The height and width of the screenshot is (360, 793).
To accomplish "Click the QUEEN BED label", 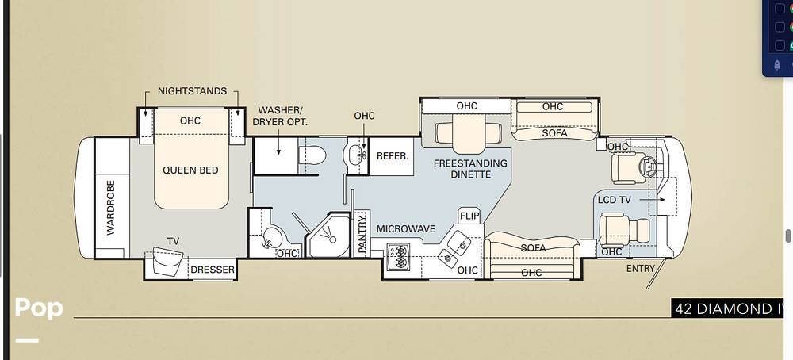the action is [x=190, y=170].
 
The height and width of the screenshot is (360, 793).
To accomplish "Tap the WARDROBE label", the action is [x=111, y=207].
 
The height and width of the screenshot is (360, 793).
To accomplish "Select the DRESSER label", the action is [x=213, y=270].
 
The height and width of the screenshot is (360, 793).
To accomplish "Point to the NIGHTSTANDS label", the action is [x=192, y=91].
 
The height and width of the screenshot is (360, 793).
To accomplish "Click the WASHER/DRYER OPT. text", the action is [x=280, y=116].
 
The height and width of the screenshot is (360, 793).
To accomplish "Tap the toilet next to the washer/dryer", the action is [x=312, y=155].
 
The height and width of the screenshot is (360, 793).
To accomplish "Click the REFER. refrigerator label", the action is [x=393, y=156].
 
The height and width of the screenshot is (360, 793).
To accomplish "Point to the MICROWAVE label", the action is [x=405, y=229].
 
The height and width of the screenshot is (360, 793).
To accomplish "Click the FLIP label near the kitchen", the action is [x=469, y=216].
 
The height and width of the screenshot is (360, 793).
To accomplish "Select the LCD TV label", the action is [x=614, y=201].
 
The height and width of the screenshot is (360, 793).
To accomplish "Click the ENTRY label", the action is [x=640, y=269].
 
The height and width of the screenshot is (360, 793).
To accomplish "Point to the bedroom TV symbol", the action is [x=167, y=261].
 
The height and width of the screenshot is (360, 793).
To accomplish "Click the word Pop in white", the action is [x=39, y=308].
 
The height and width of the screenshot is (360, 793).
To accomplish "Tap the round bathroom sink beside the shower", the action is [x=271, y=236].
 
